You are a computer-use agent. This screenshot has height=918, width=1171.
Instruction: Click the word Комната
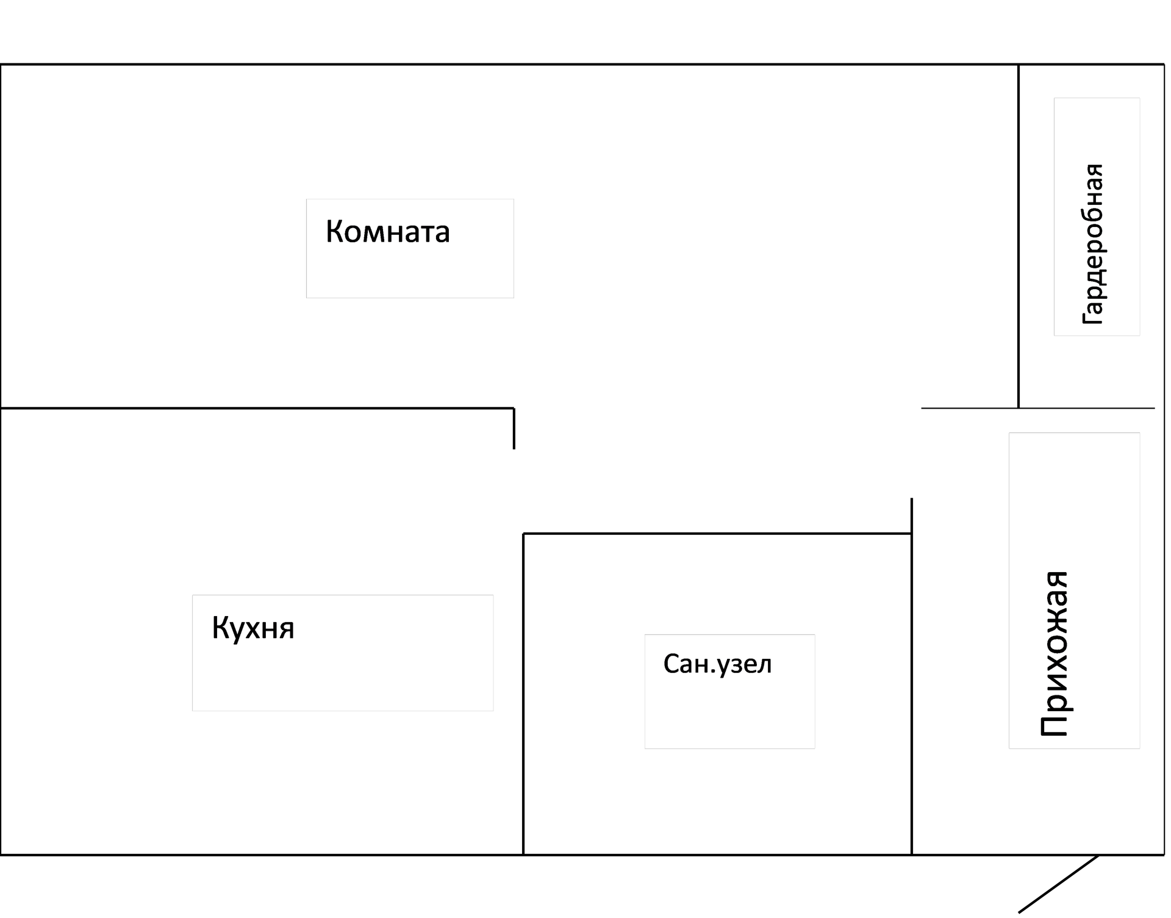point(387,232)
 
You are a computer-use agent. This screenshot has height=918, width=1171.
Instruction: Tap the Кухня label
point(252,628)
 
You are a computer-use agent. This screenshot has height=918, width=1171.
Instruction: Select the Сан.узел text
point(717,664)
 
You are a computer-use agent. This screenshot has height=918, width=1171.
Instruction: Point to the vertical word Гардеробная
point(1092,244)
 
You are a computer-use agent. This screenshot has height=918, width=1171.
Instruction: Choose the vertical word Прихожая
point(1054,654)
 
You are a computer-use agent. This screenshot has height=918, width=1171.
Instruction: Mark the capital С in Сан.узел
point(671,664)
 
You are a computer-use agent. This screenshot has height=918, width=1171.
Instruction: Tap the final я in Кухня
point(287,629)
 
